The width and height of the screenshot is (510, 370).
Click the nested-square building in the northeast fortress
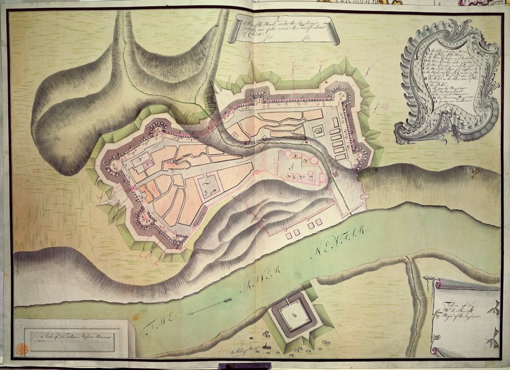coord(318,131)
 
